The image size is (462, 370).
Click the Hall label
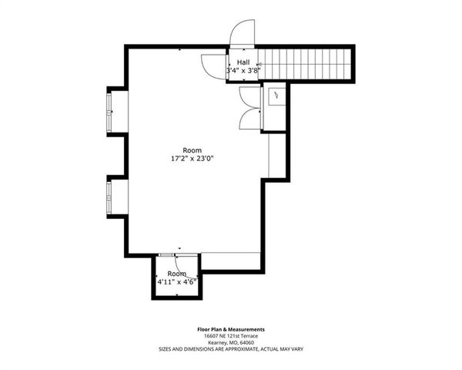[x=243, y=62]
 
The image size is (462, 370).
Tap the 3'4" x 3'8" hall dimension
[x=243, y=71]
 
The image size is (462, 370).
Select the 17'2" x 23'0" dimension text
[x=192, y=158]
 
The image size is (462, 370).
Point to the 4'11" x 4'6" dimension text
[x=177, y=281]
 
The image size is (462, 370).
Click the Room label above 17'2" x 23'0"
[x=192, y=150]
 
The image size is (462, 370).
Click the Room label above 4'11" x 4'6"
[x=177, y=274]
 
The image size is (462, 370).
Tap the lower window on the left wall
[x=110, y=197]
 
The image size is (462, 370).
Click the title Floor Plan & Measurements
[x=231, y=329]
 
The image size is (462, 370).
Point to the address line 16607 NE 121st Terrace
[x=231, y=336]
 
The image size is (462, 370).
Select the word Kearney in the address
[x=216, y=342]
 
